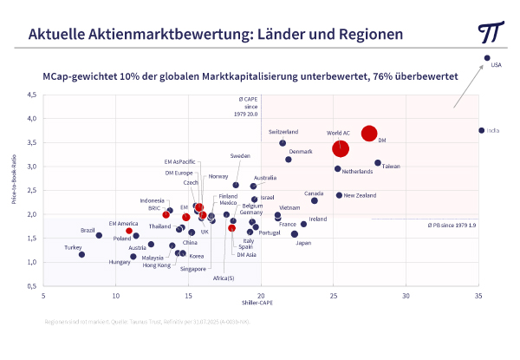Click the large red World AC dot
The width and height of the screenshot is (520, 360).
click(x=341, y=148)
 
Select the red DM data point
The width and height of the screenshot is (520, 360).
click(x=369, y=133)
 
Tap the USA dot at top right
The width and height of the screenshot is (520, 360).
click(x=487, y=58)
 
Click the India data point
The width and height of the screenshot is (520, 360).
click(x=481, y=130)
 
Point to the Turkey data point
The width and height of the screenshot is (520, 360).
click(x=81, y=254)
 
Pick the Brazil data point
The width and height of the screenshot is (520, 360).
click(x=99, y=235)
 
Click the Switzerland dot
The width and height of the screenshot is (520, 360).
click(x=283, y=143)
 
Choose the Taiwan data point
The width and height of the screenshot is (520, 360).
click(x=378, y=163)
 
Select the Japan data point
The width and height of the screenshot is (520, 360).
click(x=295, y=234)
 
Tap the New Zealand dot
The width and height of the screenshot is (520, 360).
click(x=339, y=195)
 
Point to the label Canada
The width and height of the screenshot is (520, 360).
click(x=313, y=193)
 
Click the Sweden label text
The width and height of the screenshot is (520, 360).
click(x=240, y=156)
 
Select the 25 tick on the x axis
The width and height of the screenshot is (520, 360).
click(x=334, y=297)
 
